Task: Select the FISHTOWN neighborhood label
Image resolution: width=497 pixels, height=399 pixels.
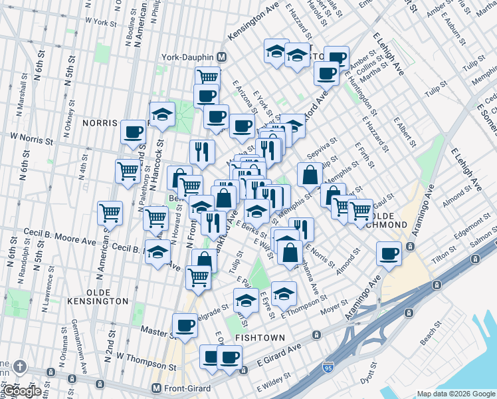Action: tap(260, 338)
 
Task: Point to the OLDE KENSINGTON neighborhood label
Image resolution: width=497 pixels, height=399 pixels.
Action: tap(97, 301)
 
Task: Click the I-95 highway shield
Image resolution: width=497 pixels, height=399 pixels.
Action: tap(328, 366)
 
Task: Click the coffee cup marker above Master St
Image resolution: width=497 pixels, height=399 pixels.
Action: tap(185, 325)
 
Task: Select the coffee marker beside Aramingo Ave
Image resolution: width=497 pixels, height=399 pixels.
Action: tap(389, 253)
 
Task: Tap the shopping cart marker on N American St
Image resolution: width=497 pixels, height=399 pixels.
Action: tap(110, 213)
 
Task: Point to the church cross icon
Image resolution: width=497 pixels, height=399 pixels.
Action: tap(21, 366)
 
